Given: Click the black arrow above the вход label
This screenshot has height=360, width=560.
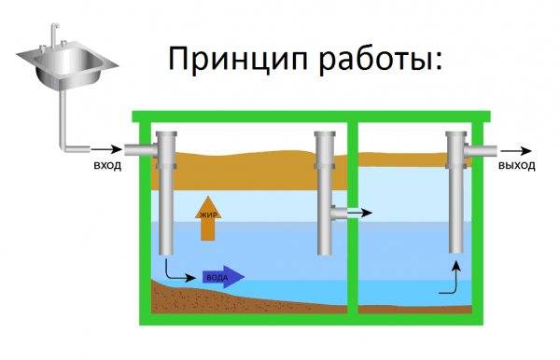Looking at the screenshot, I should pyautogui.click(x=105, y=149).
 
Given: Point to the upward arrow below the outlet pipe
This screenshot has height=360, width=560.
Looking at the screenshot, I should pyautogui.click(x=455, y=279).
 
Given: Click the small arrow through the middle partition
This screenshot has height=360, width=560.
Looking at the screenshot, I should pyautogui.click(x=357, y=213).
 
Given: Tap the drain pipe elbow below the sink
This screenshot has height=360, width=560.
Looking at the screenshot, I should pyautogui.click(x=66, y=144).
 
